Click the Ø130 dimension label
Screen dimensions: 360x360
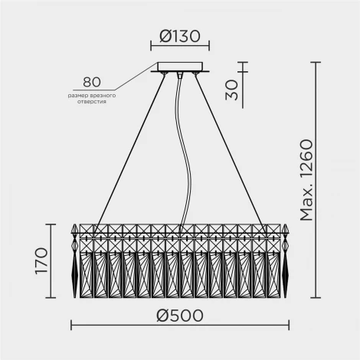(180, 36)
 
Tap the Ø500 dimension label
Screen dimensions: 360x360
(180, 316)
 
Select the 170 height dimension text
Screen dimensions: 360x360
(41, 260)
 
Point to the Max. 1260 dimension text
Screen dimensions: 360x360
(306, 180)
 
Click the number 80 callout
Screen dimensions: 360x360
(92, 82)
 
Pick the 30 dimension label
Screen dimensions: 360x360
(231, 90)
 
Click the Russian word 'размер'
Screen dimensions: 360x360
(76, 96)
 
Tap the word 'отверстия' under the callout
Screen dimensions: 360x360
(92, 102)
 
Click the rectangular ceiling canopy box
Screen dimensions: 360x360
(180, 67)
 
